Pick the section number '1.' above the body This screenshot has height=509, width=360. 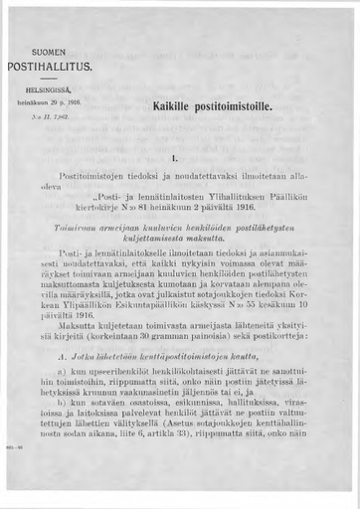(x=174, y=157)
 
